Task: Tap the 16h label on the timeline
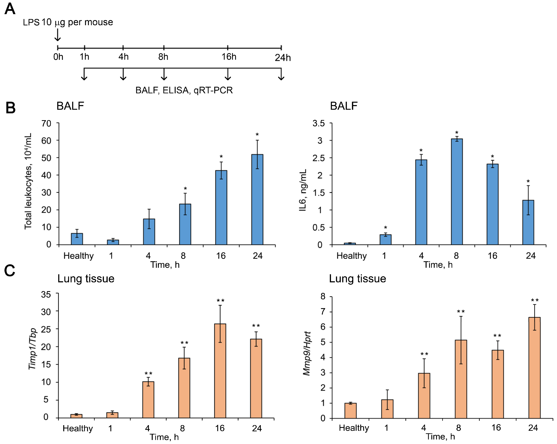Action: pos(229,57)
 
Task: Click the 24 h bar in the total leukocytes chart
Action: pos(257,199)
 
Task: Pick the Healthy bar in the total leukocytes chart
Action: pos(77,239)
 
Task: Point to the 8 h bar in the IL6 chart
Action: pos(457,192)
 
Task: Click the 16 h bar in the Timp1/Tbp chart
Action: pos(220,371)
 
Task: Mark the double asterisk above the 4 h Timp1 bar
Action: pos(148,374)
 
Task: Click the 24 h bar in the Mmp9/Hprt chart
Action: pos(535,368)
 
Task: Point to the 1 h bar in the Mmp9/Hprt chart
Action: pos(387,409)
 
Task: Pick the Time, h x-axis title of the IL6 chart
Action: pos(438,265)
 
